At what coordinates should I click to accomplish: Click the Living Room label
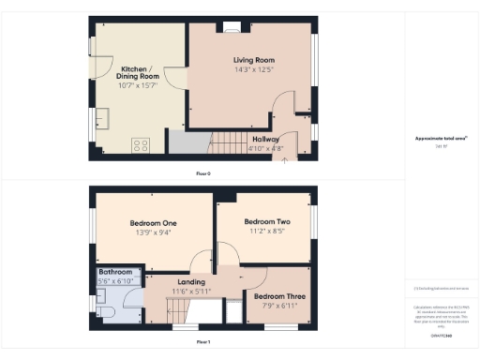click(252, 60)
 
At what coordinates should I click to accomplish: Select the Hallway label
click(266, 139)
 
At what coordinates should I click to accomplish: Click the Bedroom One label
click(154, 222)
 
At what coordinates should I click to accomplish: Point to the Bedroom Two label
click(267, 222)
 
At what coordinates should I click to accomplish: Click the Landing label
click(191, 282)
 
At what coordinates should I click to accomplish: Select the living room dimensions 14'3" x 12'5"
click(252, 69)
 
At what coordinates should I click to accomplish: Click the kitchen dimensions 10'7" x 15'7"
click(137, 85)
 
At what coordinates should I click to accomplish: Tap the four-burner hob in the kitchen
click(142, 144)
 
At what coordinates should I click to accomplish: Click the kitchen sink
click(102, 117)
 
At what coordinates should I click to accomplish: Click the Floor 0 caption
click(203, 173)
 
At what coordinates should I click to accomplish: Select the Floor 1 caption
click(203, 342)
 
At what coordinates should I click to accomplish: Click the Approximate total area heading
click(441, 139)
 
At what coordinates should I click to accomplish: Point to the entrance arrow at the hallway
click(285, 158)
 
